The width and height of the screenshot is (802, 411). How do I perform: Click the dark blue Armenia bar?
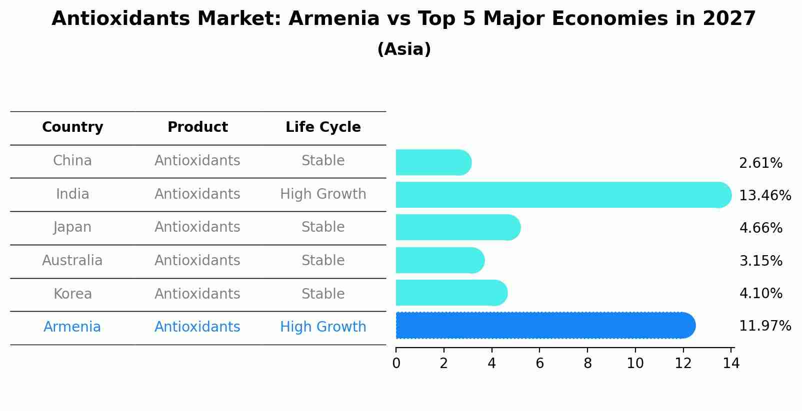point(545,325)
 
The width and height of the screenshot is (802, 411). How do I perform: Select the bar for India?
point(563,195)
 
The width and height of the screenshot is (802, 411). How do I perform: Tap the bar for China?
point(433,162)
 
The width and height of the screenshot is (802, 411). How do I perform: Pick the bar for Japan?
point(457,227)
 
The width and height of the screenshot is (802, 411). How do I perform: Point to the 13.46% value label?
point(764,195)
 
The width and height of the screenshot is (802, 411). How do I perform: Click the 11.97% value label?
point(764,326)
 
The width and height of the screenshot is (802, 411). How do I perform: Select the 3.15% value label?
point(760,261)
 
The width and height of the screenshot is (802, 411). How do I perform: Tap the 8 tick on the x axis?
point(587,364)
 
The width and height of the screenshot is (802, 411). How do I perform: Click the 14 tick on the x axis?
point(731,364)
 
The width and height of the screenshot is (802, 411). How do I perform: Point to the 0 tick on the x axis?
point(396,364)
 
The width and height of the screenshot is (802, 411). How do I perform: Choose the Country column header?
point(72,127)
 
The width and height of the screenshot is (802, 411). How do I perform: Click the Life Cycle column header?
point(323,127)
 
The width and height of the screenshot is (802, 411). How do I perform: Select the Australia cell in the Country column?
point(72,261)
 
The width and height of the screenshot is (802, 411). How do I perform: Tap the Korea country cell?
point(72,294)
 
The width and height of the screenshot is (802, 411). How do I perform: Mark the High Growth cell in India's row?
point(323,194)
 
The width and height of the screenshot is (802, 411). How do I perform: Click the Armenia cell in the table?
point(72,327)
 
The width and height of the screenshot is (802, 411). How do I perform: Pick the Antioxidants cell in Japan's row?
point(197,227)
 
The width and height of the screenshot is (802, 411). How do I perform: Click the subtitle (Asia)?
point(404,49)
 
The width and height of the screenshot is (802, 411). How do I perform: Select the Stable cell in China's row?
point(323,161)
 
